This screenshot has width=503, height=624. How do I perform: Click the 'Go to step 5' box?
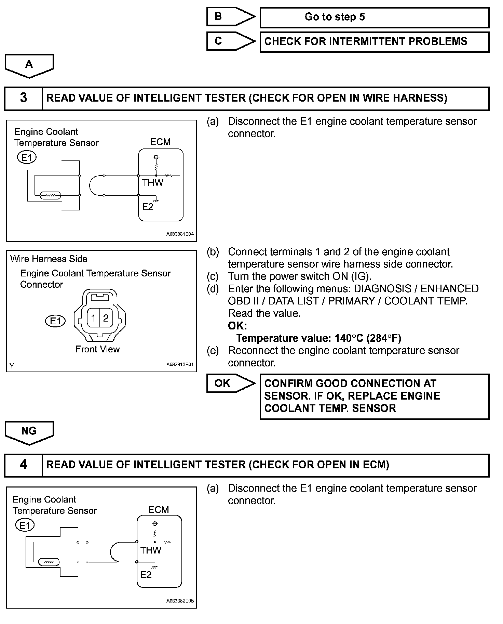point(374,17)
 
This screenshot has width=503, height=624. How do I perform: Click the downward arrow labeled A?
point(29,65)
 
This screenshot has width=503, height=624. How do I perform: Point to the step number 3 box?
point(23,98)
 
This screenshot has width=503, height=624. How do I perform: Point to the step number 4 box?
point(23,465)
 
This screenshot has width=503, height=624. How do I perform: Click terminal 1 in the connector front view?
point(93,318)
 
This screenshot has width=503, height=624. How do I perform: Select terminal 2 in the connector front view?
point(106,318)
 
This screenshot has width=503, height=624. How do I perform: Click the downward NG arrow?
point(29,432)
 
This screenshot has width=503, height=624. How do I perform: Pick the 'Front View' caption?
point(97,349)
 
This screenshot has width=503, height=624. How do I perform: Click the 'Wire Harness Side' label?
point(49,259)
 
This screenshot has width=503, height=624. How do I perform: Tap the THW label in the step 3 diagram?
point(152,183)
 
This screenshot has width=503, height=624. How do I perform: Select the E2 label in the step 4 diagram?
point(146,574)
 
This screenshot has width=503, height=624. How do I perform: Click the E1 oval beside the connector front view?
point(55,321)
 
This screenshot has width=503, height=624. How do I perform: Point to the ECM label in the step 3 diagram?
point(160,142)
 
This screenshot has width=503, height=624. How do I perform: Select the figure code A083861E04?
point(180,234)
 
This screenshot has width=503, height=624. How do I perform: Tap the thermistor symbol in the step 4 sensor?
point(49,562)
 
